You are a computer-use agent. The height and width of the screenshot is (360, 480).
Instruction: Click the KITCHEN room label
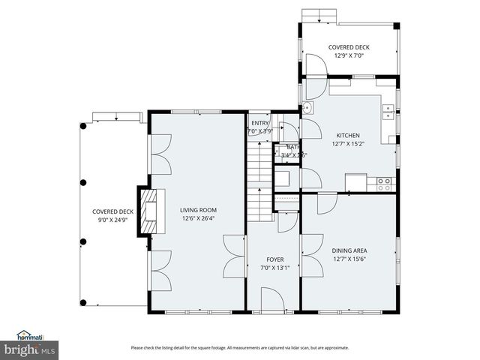pyautogui.click(x=348, y=135)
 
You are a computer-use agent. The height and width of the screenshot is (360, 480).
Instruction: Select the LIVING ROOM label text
pyautogui.click(x=198, y=210)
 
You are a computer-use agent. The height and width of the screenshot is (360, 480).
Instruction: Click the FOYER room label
pyautogui.click(x=274, y=259)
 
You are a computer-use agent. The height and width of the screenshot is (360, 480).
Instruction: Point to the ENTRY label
pyautogui.click(x=259, y=123)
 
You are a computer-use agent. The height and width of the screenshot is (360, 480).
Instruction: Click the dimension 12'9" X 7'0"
pyautogui.click(x=349, y=55)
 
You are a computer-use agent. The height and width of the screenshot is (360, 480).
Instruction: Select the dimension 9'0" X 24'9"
pyautogui.click(x=112, y=220)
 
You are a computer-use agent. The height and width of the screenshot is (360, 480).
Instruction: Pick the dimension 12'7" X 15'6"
pyautogui.click(x=349, y=259)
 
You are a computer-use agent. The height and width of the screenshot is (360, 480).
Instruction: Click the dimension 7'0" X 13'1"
pyautogui.click(x=274, y=268)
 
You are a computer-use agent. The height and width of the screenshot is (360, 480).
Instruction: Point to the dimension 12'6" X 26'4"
pyautogui.click(x=198, y=219)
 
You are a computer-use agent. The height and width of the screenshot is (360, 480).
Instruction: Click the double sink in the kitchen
pyautogui.click(x=388, y=112)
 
